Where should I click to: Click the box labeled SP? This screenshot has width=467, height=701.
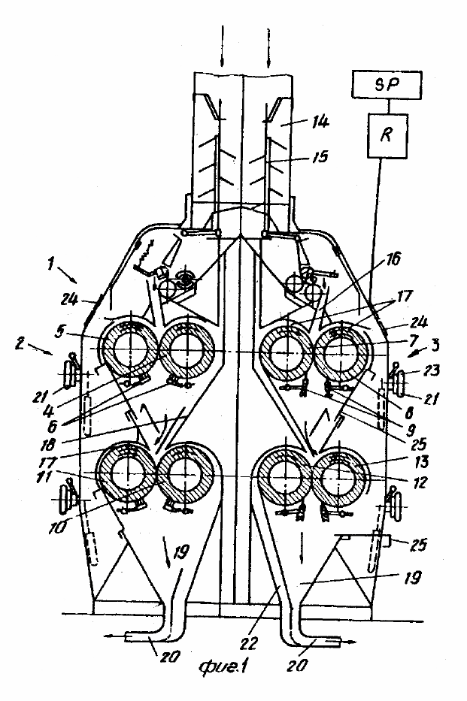point(387,85)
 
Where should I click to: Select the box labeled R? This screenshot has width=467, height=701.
point(387,135)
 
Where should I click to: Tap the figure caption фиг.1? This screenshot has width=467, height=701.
point(223,666)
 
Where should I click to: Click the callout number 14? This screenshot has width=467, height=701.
point(319,121)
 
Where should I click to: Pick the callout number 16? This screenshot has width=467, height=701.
point(392,259)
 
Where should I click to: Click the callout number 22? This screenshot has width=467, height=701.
point(249,642)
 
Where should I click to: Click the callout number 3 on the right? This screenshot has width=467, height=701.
point(435,344)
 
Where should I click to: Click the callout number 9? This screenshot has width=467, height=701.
point(410,432)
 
